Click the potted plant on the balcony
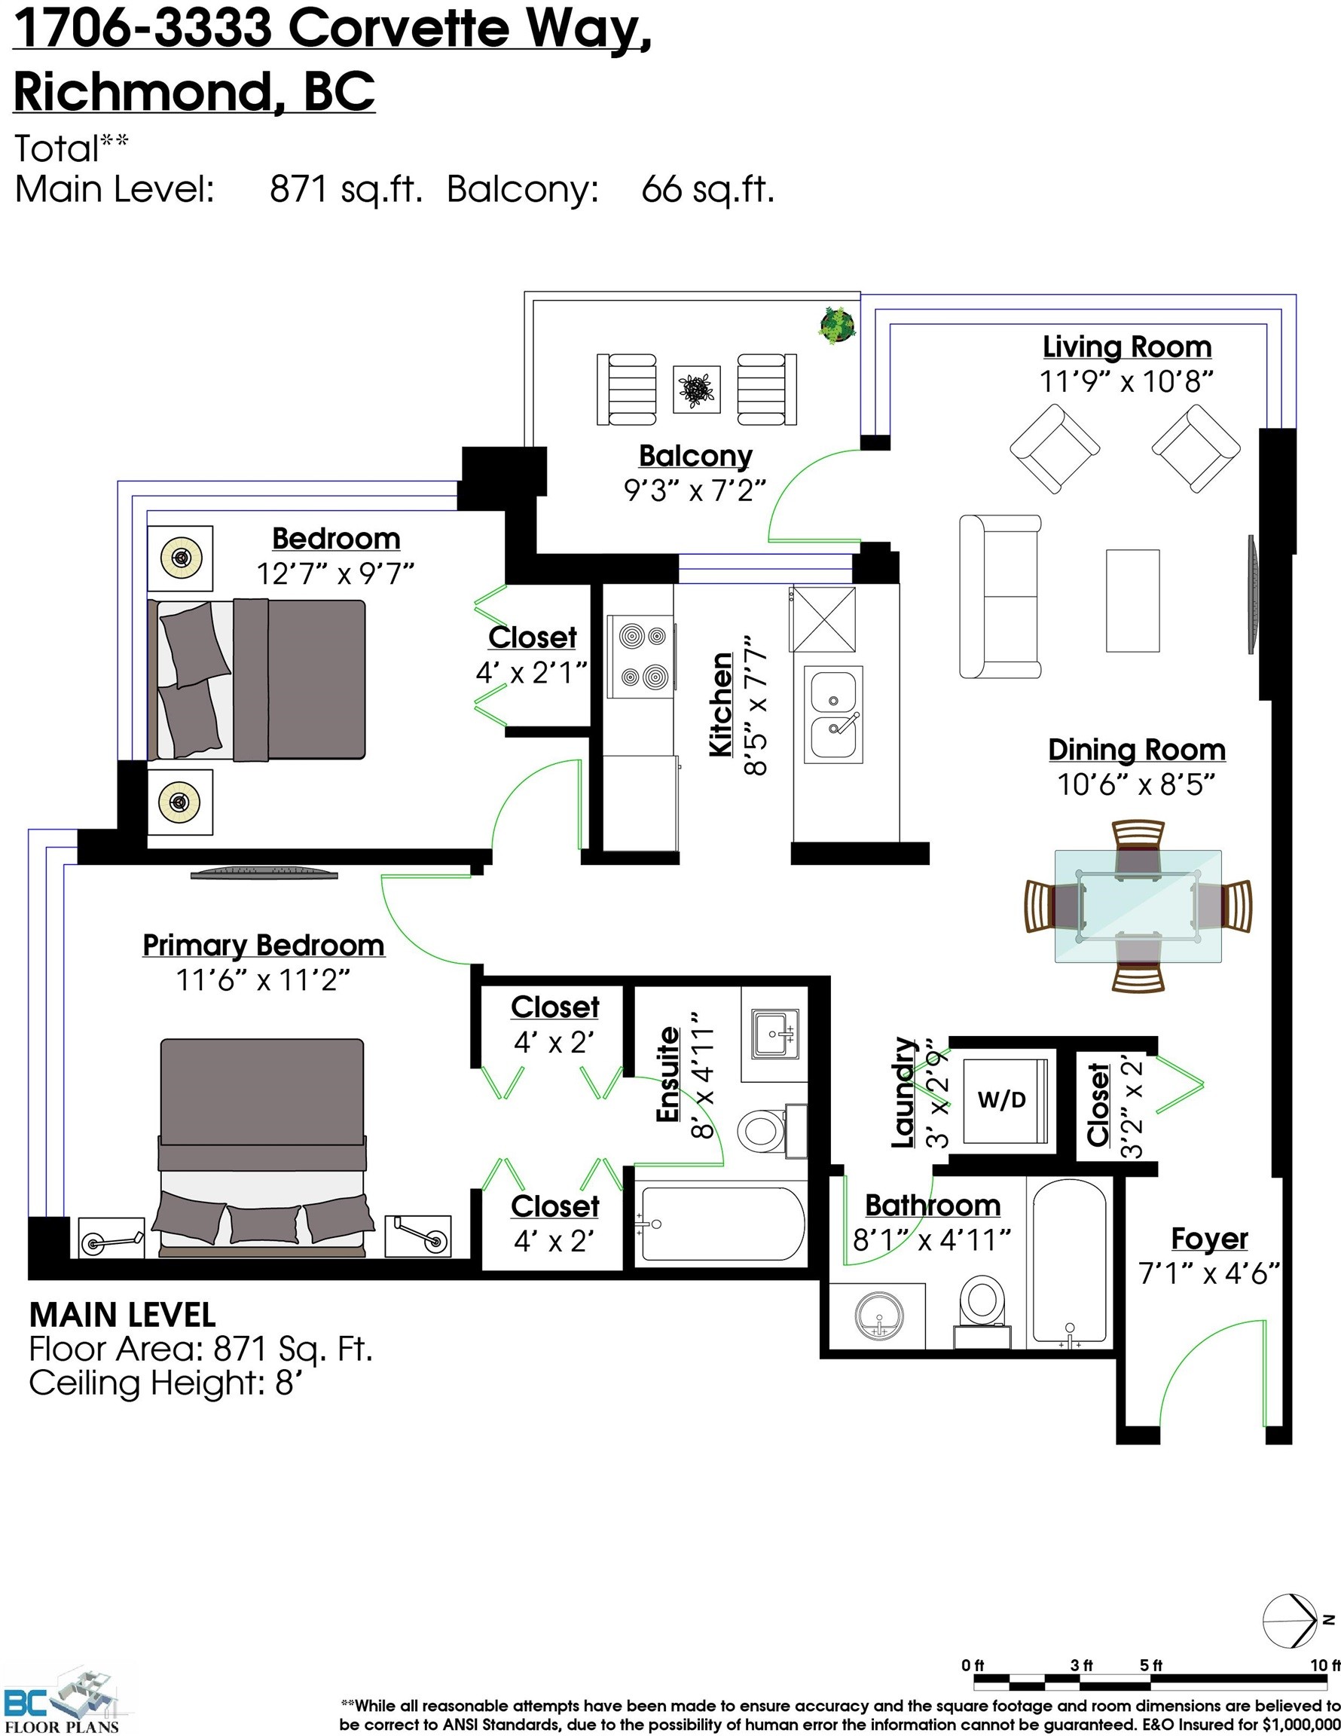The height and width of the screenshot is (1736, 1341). coord(837,324)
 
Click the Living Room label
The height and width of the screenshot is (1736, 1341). coord(1126,347)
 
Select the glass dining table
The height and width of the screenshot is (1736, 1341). coord(1138,906)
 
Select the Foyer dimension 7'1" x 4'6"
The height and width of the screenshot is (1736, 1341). coord(1208,1274)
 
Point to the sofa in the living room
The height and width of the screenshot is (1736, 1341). coord(999,596)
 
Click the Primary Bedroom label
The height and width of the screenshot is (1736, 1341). coord(263,946)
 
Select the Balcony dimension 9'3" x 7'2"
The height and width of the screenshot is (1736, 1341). coord(695,491)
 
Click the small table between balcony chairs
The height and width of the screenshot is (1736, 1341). coord(696,390)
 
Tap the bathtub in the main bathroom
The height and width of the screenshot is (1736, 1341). coord(1068,1264)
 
